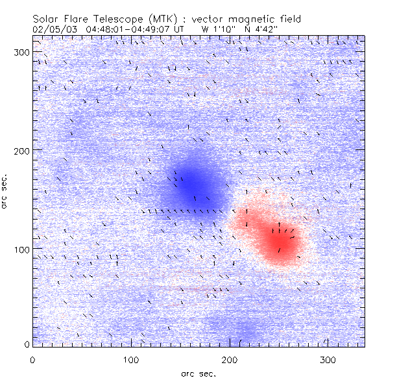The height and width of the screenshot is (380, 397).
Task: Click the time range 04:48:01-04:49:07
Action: point(127,29)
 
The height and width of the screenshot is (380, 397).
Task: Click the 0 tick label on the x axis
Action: point(32,359)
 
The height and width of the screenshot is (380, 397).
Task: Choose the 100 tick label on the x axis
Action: point(131,359)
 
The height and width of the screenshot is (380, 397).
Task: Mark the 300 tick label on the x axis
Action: point(328,359)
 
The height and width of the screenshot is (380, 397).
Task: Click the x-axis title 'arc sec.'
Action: point(198,374)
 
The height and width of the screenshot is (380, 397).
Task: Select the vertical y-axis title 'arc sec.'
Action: point(6,192)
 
